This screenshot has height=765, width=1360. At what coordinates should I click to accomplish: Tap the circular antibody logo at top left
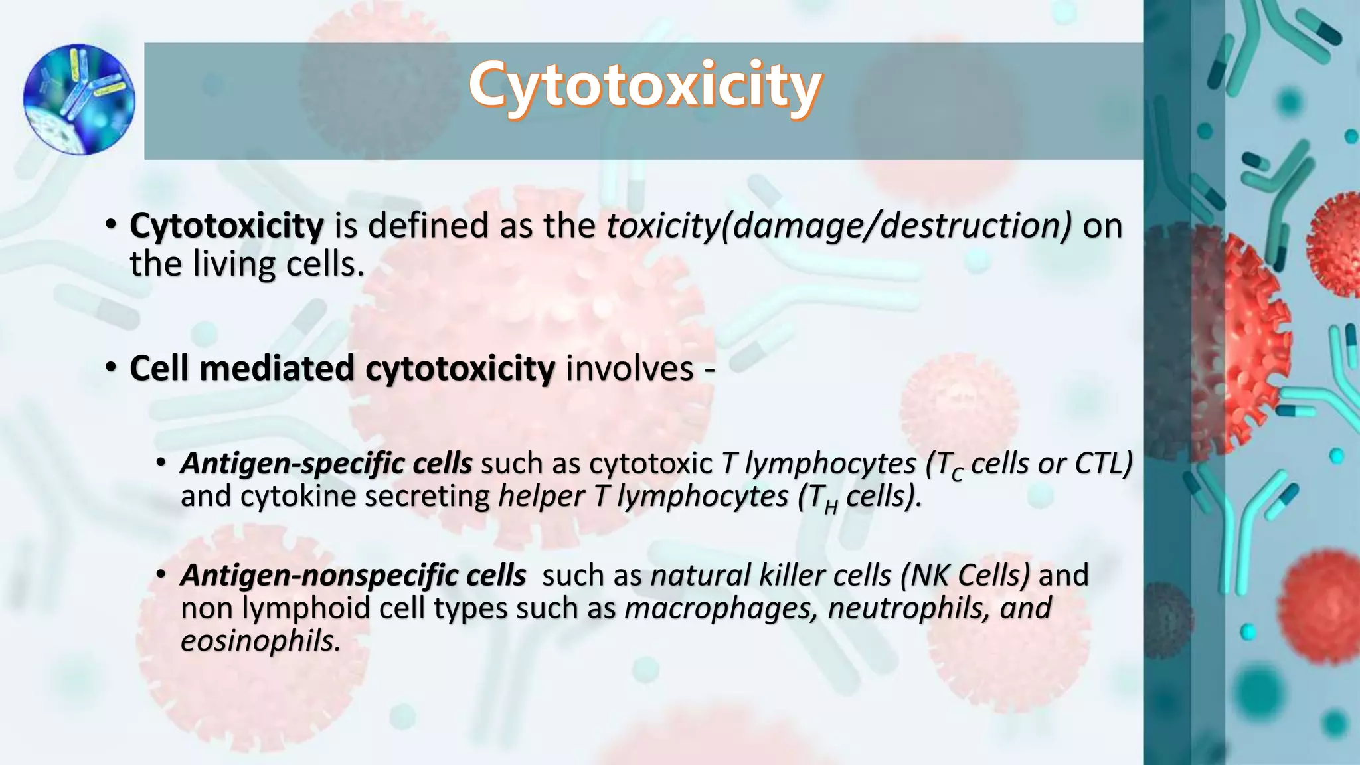[79, 100]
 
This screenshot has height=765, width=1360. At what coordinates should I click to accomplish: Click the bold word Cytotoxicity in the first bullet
[226, 226]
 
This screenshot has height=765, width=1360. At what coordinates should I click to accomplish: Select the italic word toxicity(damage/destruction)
[839, 226]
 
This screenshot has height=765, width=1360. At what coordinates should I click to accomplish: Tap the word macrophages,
[721, 608]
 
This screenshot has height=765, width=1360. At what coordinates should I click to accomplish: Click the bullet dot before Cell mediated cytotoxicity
[111, 367]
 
